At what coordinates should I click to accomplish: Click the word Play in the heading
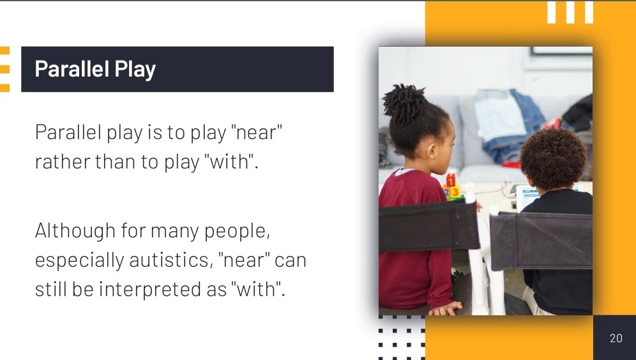click(x=133, y=70)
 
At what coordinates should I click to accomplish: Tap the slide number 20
click(x=616, y=338)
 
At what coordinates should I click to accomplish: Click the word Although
click(x=74, y=230)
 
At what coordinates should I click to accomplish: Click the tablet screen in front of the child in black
click(x=527, y=195)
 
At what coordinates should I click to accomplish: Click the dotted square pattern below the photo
click(x=401, y=337)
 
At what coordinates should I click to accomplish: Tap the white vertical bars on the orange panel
click(x=570, y=12)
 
